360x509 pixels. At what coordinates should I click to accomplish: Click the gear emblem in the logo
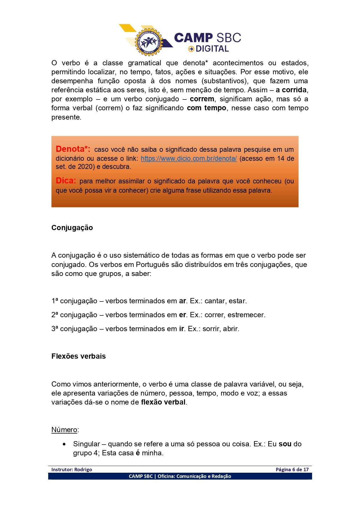(149, 42)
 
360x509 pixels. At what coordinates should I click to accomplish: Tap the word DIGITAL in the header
(212, 49)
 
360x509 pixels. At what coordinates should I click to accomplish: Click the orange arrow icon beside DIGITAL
(191, 49)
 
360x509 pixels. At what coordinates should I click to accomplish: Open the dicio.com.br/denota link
(189, 158)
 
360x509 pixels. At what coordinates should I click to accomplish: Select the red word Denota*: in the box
(73, 149)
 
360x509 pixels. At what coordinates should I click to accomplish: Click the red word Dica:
(66, 181)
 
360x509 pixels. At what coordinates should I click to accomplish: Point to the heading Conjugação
(72, 228)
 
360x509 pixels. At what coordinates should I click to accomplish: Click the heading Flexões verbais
(78, 356)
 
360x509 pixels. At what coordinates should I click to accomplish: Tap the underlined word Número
(64, 430)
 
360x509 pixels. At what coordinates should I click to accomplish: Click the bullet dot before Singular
(64, 444)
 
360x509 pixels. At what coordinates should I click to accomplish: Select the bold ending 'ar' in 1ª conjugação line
(182, 301)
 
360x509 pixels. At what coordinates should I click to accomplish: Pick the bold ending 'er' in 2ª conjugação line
(182, 315)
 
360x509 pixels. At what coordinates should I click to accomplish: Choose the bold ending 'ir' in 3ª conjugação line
(181, 329)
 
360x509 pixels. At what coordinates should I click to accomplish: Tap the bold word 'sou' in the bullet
(285, 444)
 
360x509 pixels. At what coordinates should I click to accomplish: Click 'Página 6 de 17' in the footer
(292, 470)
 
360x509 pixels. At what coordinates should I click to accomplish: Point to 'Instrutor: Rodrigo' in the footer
(72, 470)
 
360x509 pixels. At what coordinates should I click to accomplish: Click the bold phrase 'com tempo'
(206, 108)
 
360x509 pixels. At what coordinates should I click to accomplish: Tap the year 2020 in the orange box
(85, 167)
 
